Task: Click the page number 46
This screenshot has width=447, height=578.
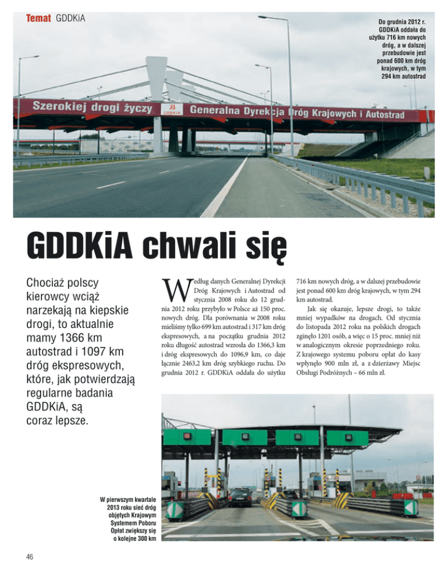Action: pos(30,556)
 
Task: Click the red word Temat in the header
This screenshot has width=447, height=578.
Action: pos(38,19)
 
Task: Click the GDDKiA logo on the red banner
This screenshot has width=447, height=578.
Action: pos(171,109)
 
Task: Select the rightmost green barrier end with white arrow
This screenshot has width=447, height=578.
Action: pos(410,507)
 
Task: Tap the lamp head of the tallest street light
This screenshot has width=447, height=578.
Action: pos(265,17)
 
